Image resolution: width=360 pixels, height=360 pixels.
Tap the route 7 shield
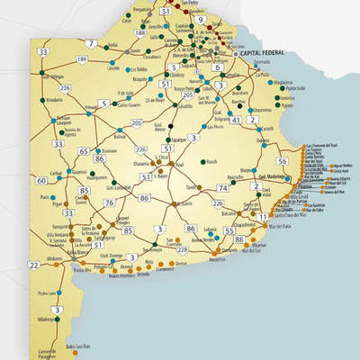91,42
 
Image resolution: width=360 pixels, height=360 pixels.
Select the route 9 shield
199,19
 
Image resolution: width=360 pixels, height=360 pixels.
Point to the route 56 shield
283,161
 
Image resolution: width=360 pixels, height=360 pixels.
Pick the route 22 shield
33,265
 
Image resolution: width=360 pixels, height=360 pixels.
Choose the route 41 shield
236,119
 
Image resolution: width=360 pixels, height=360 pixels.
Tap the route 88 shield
238,240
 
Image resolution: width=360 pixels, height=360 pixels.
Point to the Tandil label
191,187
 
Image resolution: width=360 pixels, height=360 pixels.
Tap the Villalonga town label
48,319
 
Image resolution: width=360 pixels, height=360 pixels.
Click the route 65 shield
83,151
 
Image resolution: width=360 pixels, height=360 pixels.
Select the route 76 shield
109,203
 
